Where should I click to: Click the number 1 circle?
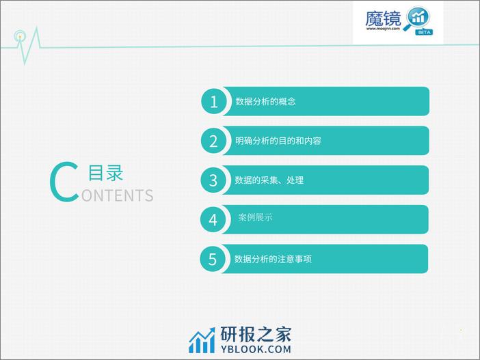[214, 101]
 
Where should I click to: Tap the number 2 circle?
[213, 141]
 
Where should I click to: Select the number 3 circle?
[213, 180]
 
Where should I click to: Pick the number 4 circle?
[213, 219]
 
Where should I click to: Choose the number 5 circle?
[213, 259]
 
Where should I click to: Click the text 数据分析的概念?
[265, 101]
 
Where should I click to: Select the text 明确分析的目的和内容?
[278, 141]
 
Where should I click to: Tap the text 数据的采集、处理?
[269, 180]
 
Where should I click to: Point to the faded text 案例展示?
[255, 217]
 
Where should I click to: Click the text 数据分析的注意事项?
[273, 259]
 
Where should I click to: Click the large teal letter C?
[64, 182]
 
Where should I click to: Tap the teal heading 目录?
[105, 173]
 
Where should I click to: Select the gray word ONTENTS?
[117, 195]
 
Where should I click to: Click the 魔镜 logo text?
[383, 18]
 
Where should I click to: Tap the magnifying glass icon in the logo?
[417, 18]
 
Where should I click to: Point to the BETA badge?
[424, 32]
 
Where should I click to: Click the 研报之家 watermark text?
[256, 334]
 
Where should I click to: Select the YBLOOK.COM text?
[256, 349]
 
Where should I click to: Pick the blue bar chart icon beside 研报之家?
[202, 341]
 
